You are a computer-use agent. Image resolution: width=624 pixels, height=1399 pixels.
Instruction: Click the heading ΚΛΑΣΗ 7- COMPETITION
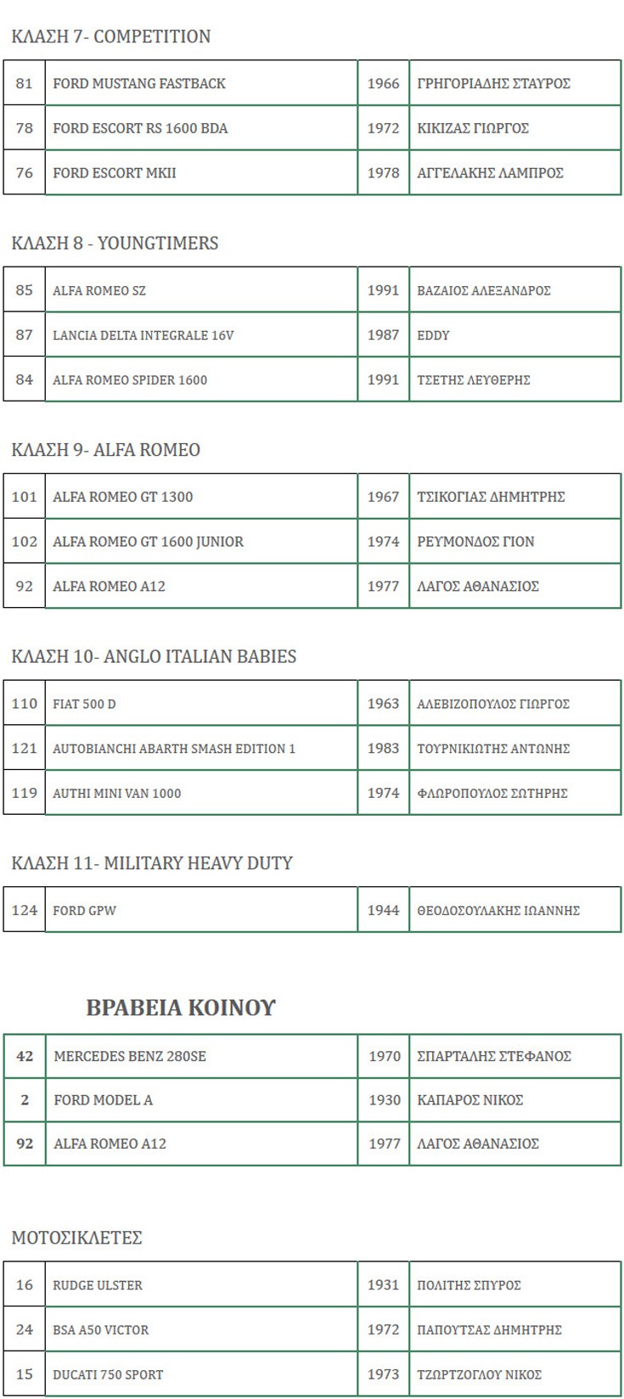[111, 37]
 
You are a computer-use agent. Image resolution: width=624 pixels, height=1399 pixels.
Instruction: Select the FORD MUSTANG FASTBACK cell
[139, 83]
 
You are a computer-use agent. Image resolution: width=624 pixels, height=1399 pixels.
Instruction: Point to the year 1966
[383, 83]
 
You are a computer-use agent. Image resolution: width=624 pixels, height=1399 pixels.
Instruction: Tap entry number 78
[25, 128]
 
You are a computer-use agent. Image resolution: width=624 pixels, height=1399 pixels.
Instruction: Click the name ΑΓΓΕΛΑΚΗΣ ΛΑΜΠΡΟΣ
[490, 173]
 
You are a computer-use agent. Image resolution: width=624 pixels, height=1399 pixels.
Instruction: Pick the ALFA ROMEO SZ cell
[99, 290]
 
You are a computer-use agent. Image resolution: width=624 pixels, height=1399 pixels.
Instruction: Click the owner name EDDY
[433, 335]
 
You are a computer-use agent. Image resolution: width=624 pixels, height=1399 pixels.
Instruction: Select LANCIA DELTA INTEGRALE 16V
[143, 335]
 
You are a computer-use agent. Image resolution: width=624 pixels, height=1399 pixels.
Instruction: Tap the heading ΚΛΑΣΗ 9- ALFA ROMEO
[106, 450]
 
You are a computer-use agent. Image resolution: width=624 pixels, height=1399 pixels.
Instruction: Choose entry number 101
[25, 497]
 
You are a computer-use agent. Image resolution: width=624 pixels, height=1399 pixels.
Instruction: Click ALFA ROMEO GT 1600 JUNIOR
[148, 542]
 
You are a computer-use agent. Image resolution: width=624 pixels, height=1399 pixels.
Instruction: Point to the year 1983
[383, 749]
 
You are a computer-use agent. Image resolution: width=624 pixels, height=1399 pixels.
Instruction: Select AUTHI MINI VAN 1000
[116, 793]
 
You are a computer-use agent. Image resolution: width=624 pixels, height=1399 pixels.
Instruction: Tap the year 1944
[383, 910]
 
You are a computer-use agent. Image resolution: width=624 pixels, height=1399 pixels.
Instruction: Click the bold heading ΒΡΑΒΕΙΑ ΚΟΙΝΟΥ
[181, 1008]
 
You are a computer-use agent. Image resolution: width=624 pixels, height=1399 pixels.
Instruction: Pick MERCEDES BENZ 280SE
[130, 1056]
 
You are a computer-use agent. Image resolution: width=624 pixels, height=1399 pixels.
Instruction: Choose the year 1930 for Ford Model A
[385, 1100]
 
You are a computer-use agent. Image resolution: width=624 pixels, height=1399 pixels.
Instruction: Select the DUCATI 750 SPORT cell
[108, 1374]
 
